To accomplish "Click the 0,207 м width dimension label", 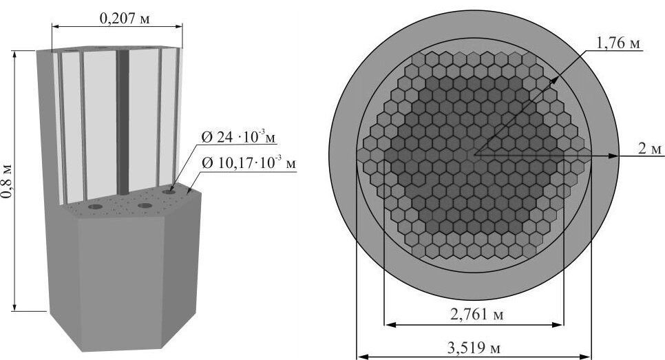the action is coord(125,18).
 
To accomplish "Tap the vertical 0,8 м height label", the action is coord(7,180).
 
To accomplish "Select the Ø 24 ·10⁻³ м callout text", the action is coord(239,138).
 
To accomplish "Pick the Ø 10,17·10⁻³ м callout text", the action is coord(249,162).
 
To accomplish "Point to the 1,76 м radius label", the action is coord(617,43).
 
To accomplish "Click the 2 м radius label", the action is coord(650,149).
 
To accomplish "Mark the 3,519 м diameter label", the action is coord(474,348).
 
